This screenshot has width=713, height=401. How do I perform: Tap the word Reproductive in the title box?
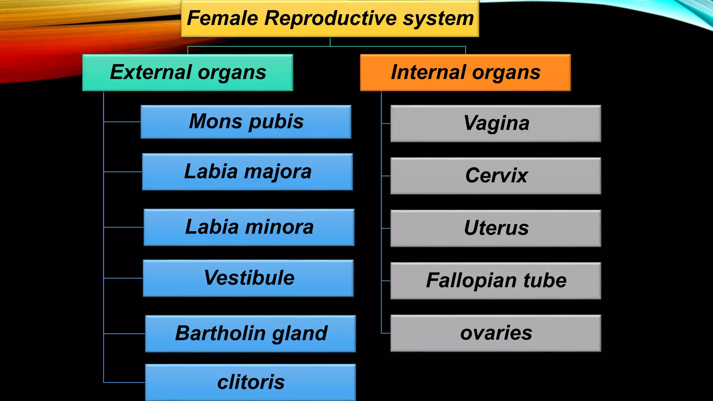click(x=330, y=18)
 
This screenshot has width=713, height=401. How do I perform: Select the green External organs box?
click(x=188, y=72)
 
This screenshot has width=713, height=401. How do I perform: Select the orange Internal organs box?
click(x=465, y=72)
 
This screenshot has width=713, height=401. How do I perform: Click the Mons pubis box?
click(x=246, y=122)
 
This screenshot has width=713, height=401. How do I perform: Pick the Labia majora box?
click(x=247, y=172)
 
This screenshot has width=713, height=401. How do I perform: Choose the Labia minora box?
click(x=249, y=227)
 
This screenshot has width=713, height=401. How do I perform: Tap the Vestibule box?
click(x=248, y=278)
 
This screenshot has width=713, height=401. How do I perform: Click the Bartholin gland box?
click(x=250, y=333)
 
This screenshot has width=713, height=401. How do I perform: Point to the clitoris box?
click(x=250, y=382)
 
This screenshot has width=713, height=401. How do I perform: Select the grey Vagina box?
click(x=496, y=124)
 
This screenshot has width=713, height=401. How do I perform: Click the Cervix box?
click(x=496, y=176)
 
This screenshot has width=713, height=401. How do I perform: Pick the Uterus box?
click(x=496, y=228)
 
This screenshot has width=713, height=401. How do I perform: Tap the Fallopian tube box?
click(x=496, y=281)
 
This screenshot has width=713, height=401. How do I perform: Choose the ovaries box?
click(x=496, y=333)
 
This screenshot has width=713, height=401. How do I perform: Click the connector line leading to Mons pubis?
click(x=122, y=122)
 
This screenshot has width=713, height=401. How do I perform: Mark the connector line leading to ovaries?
click(x=386, y=333)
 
